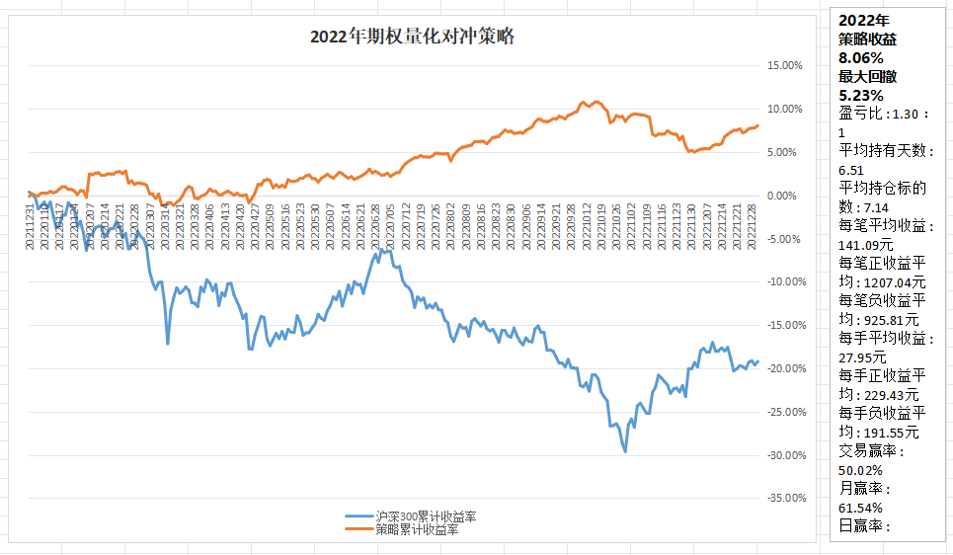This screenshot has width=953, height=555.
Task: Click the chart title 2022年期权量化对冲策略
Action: click(412, 38)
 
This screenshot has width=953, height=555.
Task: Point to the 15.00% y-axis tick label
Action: click(785, 65)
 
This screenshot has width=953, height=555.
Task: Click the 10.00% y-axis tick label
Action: click(785, 109)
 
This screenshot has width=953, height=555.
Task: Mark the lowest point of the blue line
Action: click(625, 451)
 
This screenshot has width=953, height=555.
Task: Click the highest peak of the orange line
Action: click(584, 101)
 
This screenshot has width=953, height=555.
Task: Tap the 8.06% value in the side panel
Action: click(861, 58)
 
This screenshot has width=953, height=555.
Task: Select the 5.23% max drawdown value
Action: click(861, 96)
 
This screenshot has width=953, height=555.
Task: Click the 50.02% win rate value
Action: click(864, 470)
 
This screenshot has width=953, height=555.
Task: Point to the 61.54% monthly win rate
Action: click(864, 508)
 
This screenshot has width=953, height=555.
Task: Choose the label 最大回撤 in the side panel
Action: click(867, 77)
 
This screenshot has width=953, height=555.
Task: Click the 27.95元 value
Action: click(863, 357)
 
